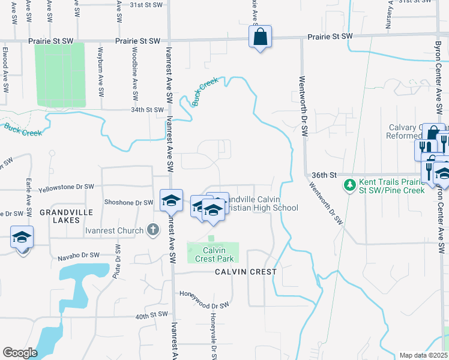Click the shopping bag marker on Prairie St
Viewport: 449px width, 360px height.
(260, 37)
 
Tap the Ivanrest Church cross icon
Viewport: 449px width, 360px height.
(153, 230)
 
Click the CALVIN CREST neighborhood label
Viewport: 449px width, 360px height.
(246, 272)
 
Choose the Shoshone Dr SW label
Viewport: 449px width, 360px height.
(129, 202)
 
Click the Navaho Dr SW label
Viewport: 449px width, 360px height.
(79, 256)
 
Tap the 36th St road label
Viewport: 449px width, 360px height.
(322, 175)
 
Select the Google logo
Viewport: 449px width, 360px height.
(20, 352)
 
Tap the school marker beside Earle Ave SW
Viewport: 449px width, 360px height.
(22, 238)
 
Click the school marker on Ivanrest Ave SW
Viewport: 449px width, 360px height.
(171, 201)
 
